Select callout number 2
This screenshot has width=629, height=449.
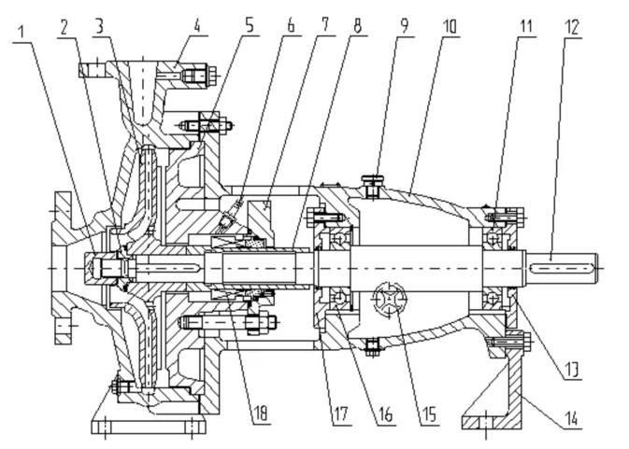click(x=64, y=27)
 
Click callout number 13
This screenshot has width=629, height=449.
click(x=570, y=370)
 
